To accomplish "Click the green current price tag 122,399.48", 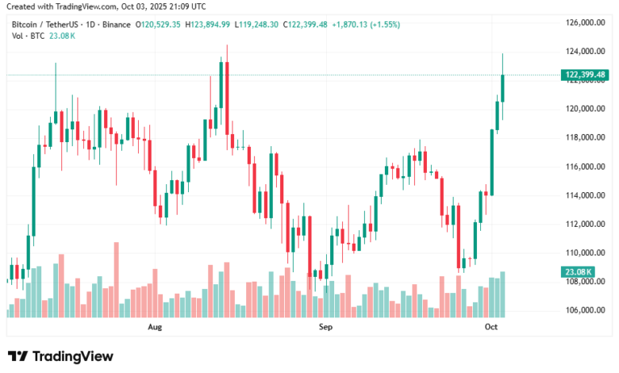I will [x=585, y=75].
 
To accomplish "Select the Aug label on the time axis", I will [x=155, y=326].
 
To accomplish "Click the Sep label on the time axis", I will [x=325, y=326].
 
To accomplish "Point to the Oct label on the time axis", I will [x=491, y=326].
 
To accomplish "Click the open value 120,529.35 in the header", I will [x=161, y=25].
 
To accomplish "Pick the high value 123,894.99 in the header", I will [x=210, y=25].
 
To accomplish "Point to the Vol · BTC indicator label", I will [x=28, y=37].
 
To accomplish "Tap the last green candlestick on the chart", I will [x=502, y=88].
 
